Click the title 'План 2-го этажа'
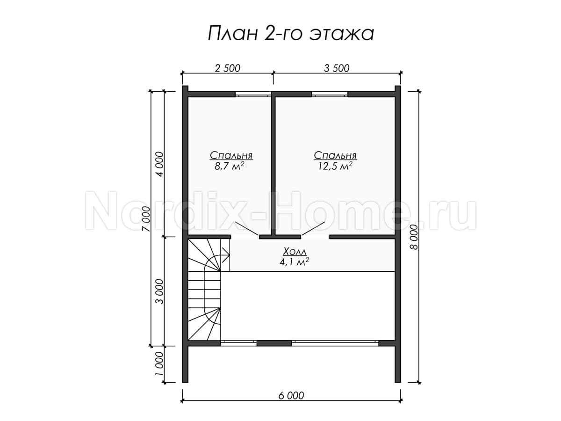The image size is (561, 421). coord(291,34)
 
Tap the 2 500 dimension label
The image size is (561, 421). coord(228,68)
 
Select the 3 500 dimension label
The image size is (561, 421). coord(337,68)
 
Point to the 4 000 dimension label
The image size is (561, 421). coord(160,164)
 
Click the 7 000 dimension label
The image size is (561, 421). coord(147,219)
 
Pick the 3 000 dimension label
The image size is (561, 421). coord(160,291)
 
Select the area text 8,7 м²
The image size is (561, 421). coord(229,166)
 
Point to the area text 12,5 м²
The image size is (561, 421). coord(335,166)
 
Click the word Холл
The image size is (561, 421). coord(295,252)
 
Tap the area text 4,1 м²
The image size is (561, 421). coord(295,262)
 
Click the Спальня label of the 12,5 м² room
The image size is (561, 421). coord(335,155)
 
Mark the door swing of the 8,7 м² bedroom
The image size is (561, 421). coord(246,229)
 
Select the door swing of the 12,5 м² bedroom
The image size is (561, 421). coord(313,229)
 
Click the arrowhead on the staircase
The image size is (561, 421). coord(225,255)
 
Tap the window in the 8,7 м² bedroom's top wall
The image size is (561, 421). coord(253,94)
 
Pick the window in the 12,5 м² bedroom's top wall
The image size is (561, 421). coord(330,94)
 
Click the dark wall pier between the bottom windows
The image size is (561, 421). coord(274,343)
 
